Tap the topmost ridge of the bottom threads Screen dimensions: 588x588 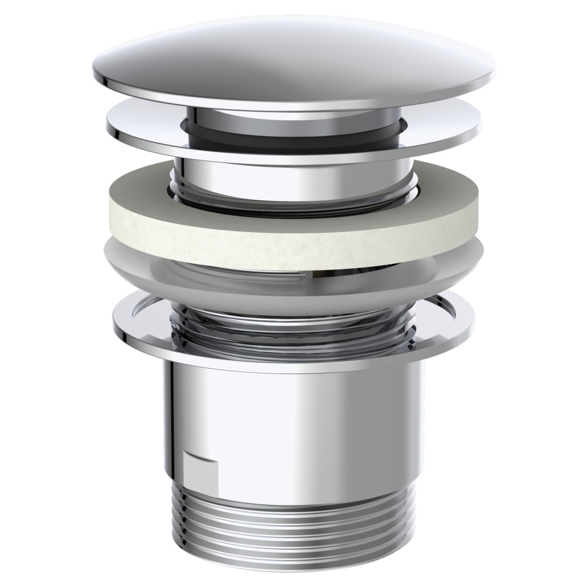294,501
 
